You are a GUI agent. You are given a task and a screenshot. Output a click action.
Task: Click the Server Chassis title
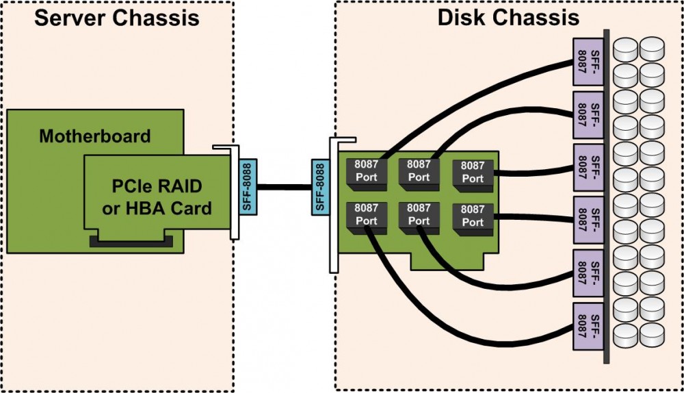117,17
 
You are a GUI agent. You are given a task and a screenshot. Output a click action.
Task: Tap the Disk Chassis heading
508,17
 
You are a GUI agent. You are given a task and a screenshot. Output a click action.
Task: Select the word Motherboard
94,136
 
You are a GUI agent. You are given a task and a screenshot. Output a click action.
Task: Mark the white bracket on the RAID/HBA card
234,199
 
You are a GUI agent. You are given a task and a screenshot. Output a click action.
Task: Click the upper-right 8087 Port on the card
473,172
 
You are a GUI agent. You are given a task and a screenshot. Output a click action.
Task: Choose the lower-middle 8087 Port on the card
419,215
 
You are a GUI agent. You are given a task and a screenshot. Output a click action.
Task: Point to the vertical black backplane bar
606,199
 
